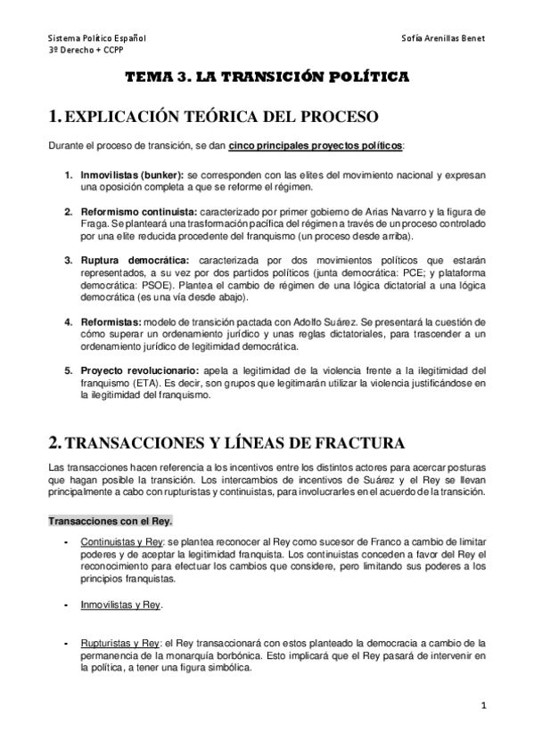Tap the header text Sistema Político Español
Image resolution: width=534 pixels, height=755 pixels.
[97, 40]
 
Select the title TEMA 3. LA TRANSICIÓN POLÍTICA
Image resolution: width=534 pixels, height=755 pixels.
[266, 78]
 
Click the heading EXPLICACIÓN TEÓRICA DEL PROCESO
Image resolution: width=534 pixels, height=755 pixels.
[223, 117]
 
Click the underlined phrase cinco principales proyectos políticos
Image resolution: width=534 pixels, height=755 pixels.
[316, 146]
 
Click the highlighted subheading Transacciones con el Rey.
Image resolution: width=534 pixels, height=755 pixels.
[98, 520]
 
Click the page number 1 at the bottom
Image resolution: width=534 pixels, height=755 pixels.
[482, 708]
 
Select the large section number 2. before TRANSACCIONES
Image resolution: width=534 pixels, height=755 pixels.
[56, 442]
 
